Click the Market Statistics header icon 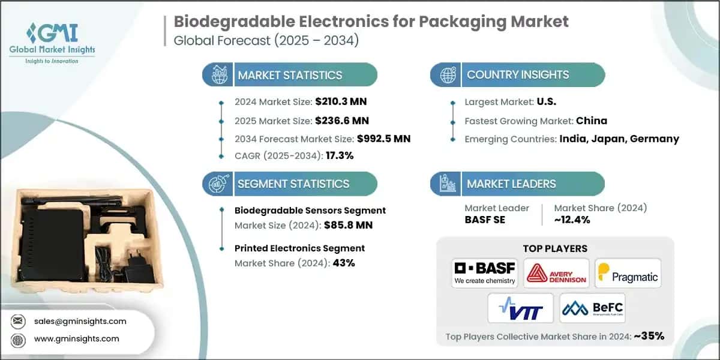218,75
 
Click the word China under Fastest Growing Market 592,121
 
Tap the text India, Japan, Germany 619,139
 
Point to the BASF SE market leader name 485,220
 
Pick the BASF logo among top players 484,273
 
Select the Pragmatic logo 628,274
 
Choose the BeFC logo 592,308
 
